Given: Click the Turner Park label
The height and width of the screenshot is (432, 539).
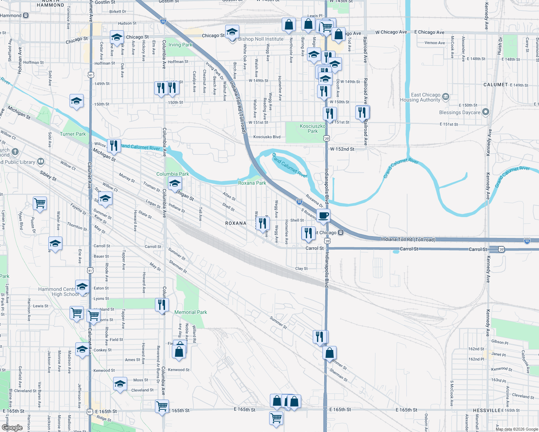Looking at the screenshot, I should pyautogui.click(x=73, y=134).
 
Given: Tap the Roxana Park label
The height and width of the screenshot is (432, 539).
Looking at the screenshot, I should pyautogui.click(x=252, y=183).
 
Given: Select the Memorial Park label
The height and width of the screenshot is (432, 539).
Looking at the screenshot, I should pyautogui.click(x=191, y=312).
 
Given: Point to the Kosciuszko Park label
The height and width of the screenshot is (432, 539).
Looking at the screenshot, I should pyautogui.click(x=312, y=129).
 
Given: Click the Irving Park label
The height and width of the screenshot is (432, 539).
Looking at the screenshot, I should pyautogui.click(x=181, y=45).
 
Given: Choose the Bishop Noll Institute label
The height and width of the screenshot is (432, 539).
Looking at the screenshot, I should pyautogui.click(x=261, y=39).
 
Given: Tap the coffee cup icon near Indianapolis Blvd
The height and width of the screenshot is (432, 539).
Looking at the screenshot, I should pyautogui.click(x=324, y=216).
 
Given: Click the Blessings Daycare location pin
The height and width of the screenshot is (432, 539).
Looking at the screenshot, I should pyautogui.click(x=486, y=112).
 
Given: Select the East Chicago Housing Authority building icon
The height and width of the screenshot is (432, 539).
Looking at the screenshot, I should pyautogui.click(x=446, y=97).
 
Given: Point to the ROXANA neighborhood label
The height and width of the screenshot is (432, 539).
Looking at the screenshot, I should pyautogui.click(x=236, y=223).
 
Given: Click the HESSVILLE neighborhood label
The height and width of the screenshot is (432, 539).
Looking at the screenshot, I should pyautogui.click(x=487, y=410).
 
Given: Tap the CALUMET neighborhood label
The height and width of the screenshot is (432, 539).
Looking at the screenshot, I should pyautogui.click(x=495, y=85).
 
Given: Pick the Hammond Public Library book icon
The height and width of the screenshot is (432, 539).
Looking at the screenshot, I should pyautogui.click(x=41, y=162).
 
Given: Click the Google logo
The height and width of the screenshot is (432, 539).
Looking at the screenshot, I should pyautogui.click(x=12, y=428).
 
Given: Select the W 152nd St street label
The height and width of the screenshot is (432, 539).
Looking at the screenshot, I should pyautogui.click(x=342, y=149).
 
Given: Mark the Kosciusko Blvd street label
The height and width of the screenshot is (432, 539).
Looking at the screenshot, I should pyautogui.click(x=267, y=137).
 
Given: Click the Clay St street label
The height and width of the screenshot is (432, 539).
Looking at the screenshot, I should pyautogui.click(x=302, y=269).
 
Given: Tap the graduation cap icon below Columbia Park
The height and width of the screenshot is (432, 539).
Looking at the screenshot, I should pyautogui.click(x=175, y=184).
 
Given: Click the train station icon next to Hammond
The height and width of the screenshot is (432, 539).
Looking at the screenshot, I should pyautogui.click(x=26, y=15).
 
